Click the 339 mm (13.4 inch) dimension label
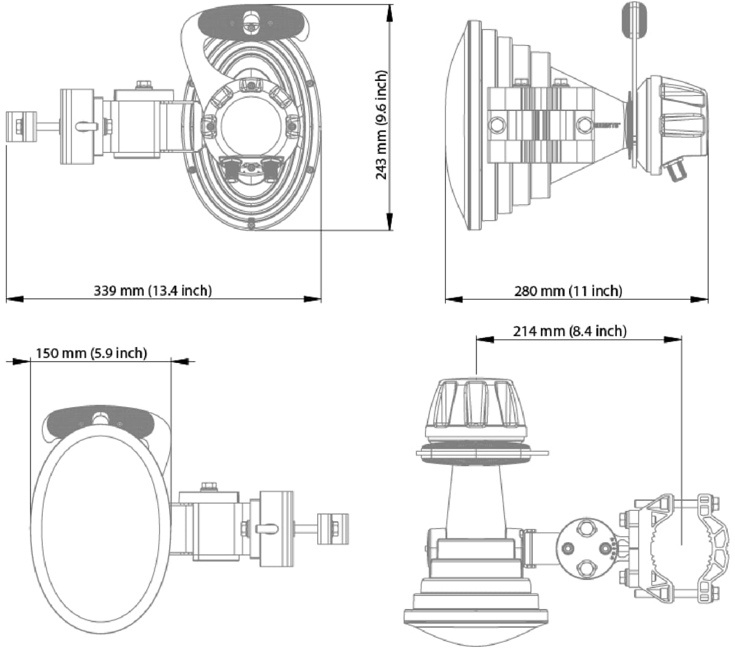(153, 290)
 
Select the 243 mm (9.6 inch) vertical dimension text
(381, 124)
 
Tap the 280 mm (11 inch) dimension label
(568, 290)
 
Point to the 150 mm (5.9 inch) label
(91, 353)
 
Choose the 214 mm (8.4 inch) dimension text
(570, 331)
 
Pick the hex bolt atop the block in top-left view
(144, 84)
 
